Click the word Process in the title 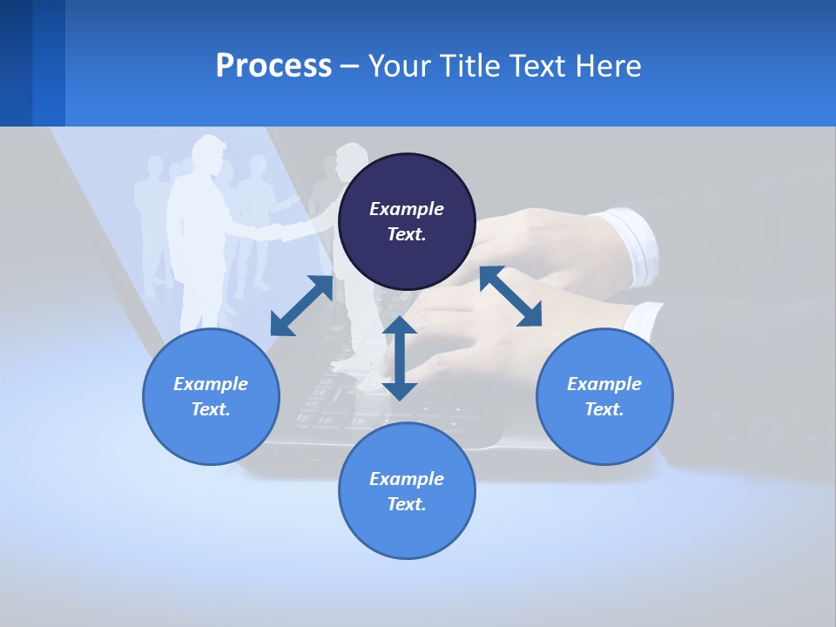click(273, 66)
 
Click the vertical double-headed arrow click(400, 358)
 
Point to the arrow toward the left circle click(301, 306)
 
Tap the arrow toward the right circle click(510, 296)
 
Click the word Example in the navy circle click(407, 209)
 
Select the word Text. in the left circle click(211, 409)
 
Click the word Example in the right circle click(604, 384)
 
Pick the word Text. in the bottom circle click(407, 504)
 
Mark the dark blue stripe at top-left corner click(16, 63)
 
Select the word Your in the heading click(398, 66)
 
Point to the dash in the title click(349, 66)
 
